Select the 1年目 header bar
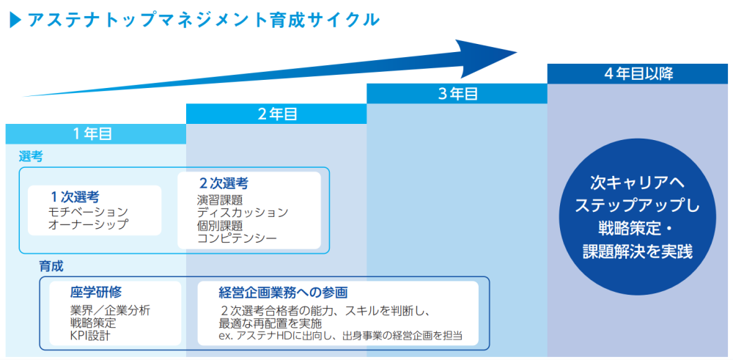point(96,133)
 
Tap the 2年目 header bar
point(276,114)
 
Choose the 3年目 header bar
point(457,94)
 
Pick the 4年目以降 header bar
point(638,73)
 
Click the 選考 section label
point(31,156)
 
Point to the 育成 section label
point(51,265)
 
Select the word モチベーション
point(87,211)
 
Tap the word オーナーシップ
point(87,224)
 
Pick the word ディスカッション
point(243,212)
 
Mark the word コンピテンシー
point(237,238)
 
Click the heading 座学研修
point(96,292)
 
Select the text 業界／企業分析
point(110,309)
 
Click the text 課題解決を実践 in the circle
point(637,250)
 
